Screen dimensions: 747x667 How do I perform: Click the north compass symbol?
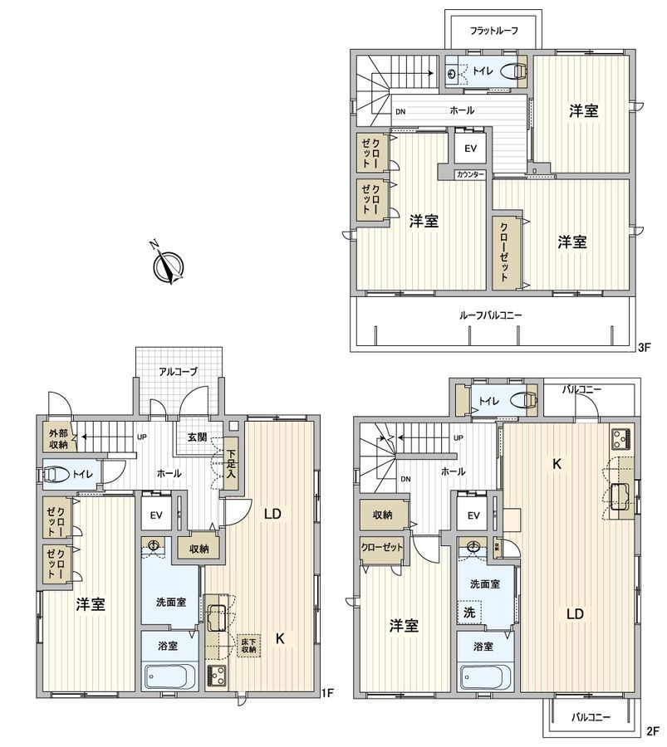169,265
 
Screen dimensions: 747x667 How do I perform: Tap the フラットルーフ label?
493,31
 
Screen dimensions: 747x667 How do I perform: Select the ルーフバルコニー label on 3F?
492,315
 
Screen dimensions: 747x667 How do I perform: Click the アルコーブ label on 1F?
179,372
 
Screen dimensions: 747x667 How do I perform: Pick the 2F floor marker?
650,731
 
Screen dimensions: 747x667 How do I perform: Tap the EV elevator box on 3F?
470,149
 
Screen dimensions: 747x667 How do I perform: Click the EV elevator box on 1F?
156,515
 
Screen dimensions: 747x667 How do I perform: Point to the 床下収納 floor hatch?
248,645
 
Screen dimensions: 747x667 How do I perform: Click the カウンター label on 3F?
470,174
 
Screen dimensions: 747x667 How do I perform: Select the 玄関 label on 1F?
197,437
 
